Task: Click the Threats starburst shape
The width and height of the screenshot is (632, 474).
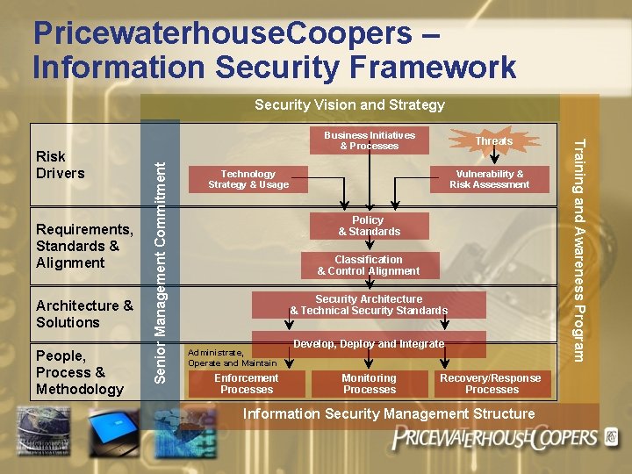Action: pyautogui.click(x=493, y=141)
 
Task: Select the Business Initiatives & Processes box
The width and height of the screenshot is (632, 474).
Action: pyautogui.click(x=370, y=140)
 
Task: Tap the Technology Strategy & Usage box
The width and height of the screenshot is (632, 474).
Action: pyautogui.click(x=248, y=179)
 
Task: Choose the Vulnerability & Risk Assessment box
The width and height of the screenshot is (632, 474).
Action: pyautogui.click(x=489, y=179)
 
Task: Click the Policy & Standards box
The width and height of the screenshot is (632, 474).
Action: pyautogui.click(x=369, y=226)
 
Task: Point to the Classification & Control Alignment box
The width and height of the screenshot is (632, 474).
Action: pyautogui.click(x=369, y=265)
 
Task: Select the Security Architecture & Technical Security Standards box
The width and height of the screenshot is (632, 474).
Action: pyautogui.click(x=369, y=305)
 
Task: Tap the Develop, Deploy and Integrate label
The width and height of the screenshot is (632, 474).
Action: pyautogui.click(x=369, y=343)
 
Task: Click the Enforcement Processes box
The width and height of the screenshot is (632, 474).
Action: pyautogui.click(x=247, y=384)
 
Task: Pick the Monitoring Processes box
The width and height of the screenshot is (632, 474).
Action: pyautogui.click(x=370, y=384)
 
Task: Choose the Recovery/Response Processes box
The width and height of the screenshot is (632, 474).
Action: pyautogui.click(x=492, y=384)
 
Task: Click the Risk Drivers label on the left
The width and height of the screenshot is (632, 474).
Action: pyautogui.click(x=60, y=164)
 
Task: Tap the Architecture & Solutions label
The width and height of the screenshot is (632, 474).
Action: pyautogui.click(x=84, y=313)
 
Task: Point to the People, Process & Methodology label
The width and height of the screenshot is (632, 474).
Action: pyautogui.click(x=80, y=372)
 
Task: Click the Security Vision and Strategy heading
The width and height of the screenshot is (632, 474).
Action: pyautogui.click(x=349, y=104)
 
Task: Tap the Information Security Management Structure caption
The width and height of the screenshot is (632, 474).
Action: pyautogui.click(x=388, y=413)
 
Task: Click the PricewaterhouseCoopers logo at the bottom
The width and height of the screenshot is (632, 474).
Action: pyautogui.click(x=496, y=438)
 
